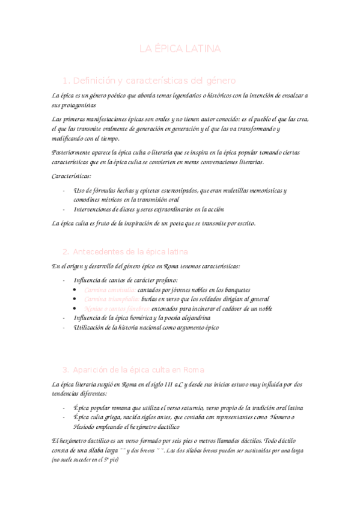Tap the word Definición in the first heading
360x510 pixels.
click(94, 80)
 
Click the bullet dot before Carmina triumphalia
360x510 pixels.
click(74, 299)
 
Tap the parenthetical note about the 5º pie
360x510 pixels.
click(85, 460)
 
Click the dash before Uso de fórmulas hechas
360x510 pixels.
click(64, 190)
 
